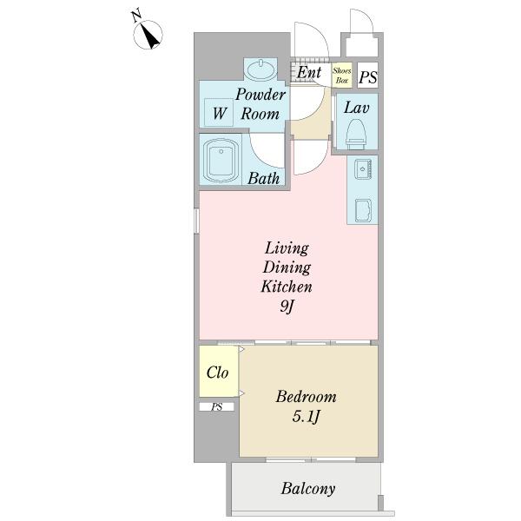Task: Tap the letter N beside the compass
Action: pos(136,16)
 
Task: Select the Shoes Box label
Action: pos(342,76)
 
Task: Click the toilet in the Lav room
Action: pos(356,135)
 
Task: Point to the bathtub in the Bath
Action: pos(221,161)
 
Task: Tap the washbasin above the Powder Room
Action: pos(261,69)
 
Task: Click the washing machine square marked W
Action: pos(219,112)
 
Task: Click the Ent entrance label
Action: pos(309,72)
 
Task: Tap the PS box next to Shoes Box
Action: pos(368,76)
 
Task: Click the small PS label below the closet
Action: pos(216,406)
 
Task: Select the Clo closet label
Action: pos(217,373)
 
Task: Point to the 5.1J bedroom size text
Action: pos(306,417)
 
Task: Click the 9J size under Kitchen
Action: pos(287,307)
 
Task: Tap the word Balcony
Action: pos(308,489)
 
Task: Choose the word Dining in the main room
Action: pos(287,267)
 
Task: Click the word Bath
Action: pos(263,178)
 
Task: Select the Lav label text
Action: pos(357,108)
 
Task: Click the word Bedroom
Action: pos(306,397)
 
